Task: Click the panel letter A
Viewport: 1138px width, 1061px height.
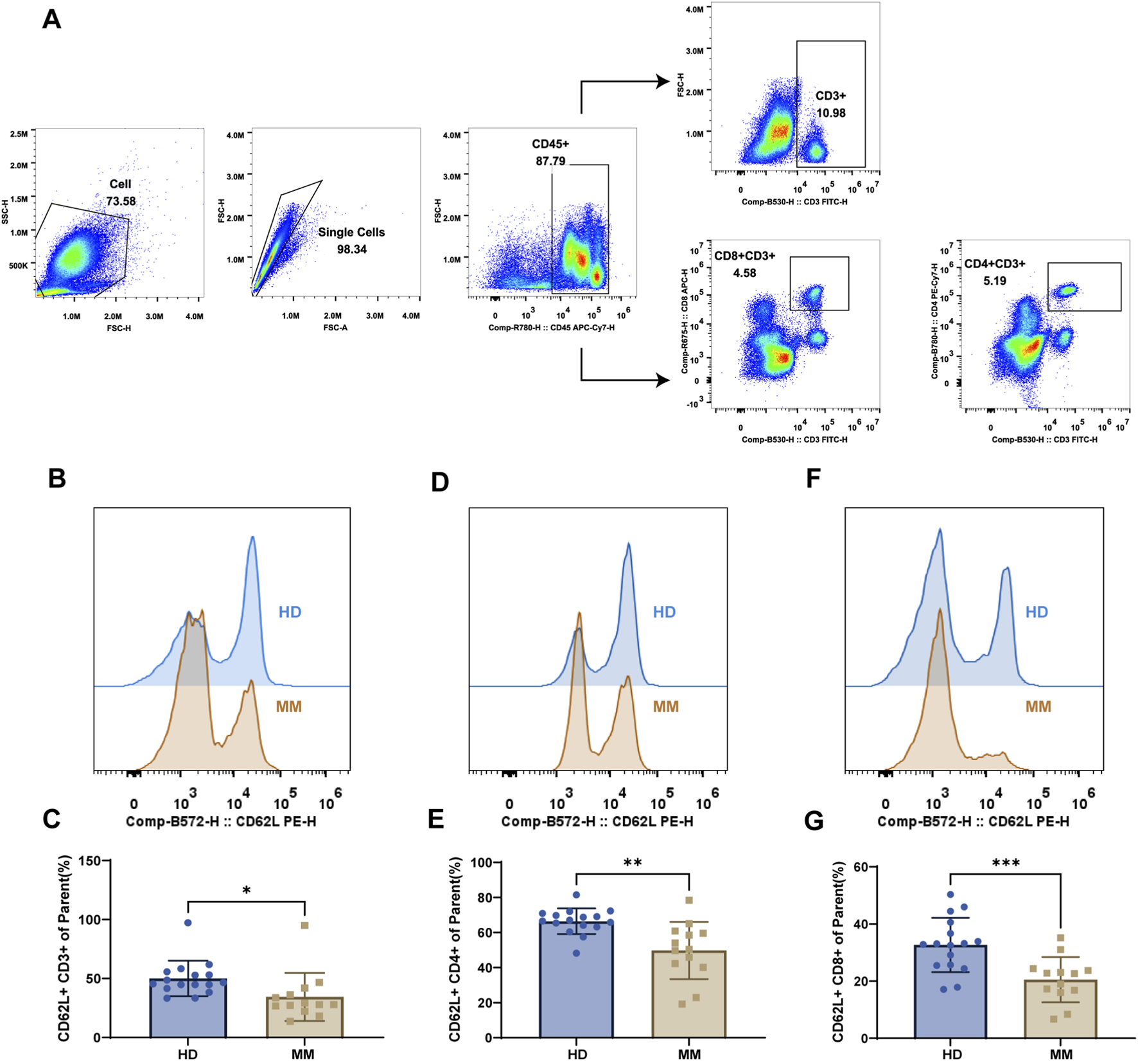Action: coord(51,19)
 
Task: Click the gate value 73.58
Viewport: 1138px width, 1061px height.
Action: coord(121,201)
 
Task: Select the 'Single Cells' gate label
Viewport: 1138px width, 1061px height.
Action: coord(351,232)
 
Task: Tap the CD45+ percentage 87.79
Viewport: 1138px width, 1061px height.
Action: coord(550,161)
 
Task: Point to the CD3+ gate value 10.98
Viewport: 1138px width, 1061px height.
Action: coord(830,113)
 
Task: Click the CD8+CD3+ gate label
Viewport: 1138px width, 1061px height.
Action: coord(744,256)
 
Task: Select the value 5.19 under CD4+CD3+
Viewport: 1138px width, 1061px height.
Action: coord(994,281)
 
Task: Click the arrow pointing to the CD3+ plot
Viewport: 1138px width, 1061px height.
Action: coord(661,82)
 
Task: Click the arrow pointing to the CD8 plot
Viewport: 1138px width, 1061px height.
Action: coord(661,380)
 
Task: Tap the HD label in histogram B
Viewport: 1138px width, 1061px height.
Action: coord(290,612)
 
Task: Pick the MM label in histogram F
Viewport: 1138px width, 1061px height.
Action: coord(1038,707)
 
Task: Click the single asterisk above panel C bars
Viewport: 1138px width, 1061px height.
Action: coord(246,891)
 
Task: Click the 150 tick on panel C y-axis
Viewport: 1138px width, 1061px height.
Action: coord(89,860)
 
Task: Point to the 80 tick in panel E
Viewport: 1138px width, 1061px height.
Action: coord(484,897)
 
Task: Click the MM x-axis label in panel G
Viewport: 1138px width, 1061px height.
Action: coord(1061,1054)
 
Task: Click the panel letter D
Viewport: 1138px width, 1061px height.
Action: coord(440,482)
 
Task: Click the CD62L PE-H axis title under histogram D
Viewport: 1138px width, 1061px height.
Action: coord(597,821)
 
